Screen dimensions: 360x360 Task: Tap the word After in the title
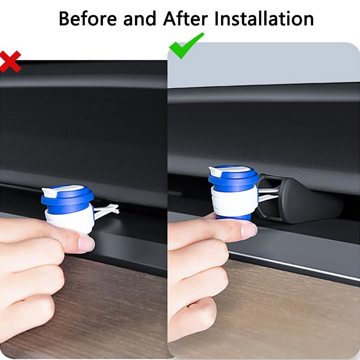(185, 19)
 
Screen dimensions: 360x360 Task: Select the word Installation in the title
(264, 19)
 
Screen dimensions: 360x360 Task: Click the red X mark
(10, 61)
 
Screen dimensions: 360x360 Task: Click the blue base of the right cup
(234, 217)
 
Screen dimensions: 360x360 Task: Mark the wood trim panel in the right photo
(288, 317)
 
